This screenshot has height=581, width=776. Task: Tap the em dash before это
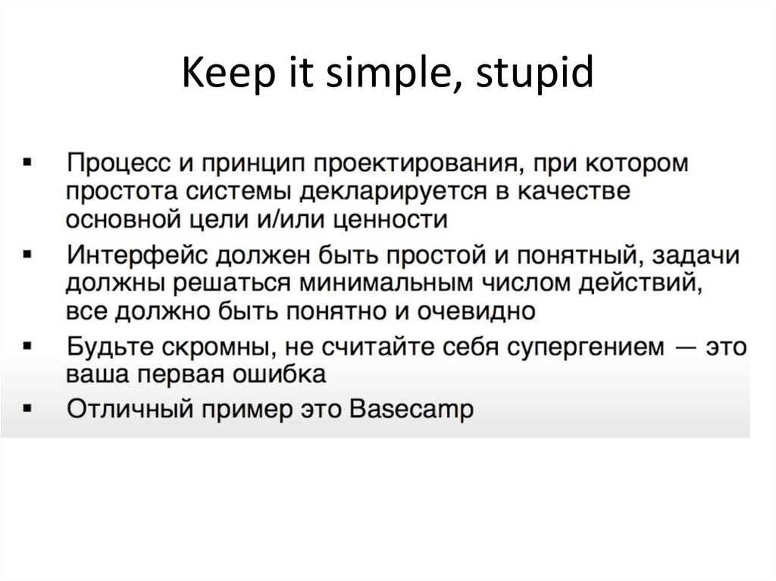click(679, 347)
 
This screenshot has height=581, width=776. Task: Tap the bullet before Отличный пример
click(28, 409)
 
